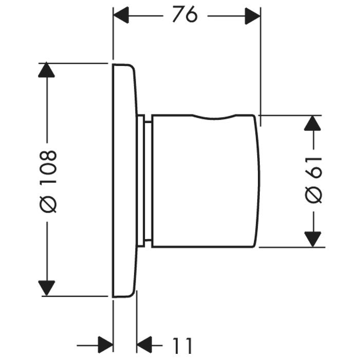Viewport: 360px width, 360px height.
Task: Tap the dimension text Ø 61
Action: click(x=313, y=180)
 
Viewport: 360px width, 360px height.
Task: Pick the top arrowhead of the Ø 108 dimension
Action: click(x=46, y=70)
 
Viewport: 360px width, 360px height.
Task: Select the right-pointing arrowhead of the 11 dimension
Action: click(x=105, y=345)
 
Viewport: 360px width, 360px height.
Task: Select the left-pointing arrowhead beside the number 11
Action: click(x=145, y=345)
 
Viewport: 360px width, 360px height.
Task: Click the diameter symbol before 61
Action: click(x=313, y=196)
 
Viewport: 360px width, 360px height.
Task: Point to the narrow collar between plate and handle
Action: click(x=145, y=180)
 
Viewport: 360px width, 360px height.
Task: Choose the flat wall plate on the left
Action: click(x=125, y=180)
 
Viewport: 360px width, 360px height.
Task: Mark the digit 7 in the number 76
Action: click(x=178, y=15)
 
